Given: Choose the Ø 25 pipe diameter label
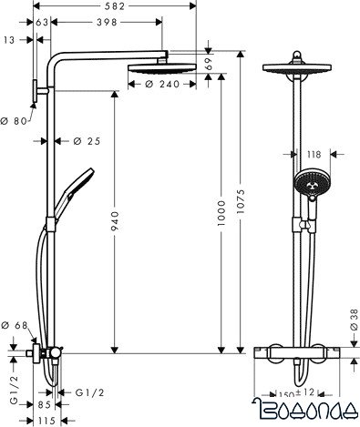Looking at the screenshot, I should pos(85,140).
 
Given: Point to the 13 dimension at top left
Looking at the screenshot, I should pos(9,39).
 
